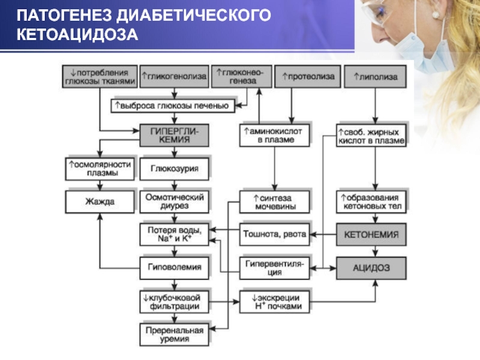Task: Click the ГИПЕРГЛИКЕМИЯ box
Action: coord(174,136)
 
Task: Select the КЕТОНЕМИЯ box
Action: coord(371,235)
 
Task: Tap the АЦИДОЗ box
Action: coord(371,268)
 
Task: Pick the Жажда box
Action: coord(100,202)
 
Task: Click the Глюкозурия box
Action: coord(174,169)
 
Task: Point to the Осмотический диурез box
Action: coord(174,202)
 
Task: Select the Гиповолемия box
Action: coord(174,268)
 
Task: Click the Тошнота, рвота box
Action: coord(274,235)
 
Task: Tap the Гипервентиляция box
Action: coord(274,268)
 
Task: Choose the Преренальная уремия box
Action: coord(174,335)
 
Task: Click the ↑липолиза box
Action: coord(376,77)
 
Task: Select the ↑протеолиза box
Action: coord(308,77)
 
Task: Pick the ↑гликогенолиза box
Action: coord(174,77)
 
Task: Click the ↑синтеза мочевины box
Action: coord(274,202)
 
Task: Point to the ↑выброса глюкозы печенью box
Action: coord(173,106)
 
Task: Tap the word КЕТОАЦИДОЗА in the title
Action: coord(77,35)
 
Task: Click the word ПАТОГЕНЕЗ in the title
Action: coord(64,16)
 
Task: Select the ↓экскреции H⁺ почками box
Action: coord(274,302)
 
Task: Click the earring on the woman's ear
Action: coord(436,14)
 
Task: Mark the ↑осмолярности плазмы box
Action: coord(100,169)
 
